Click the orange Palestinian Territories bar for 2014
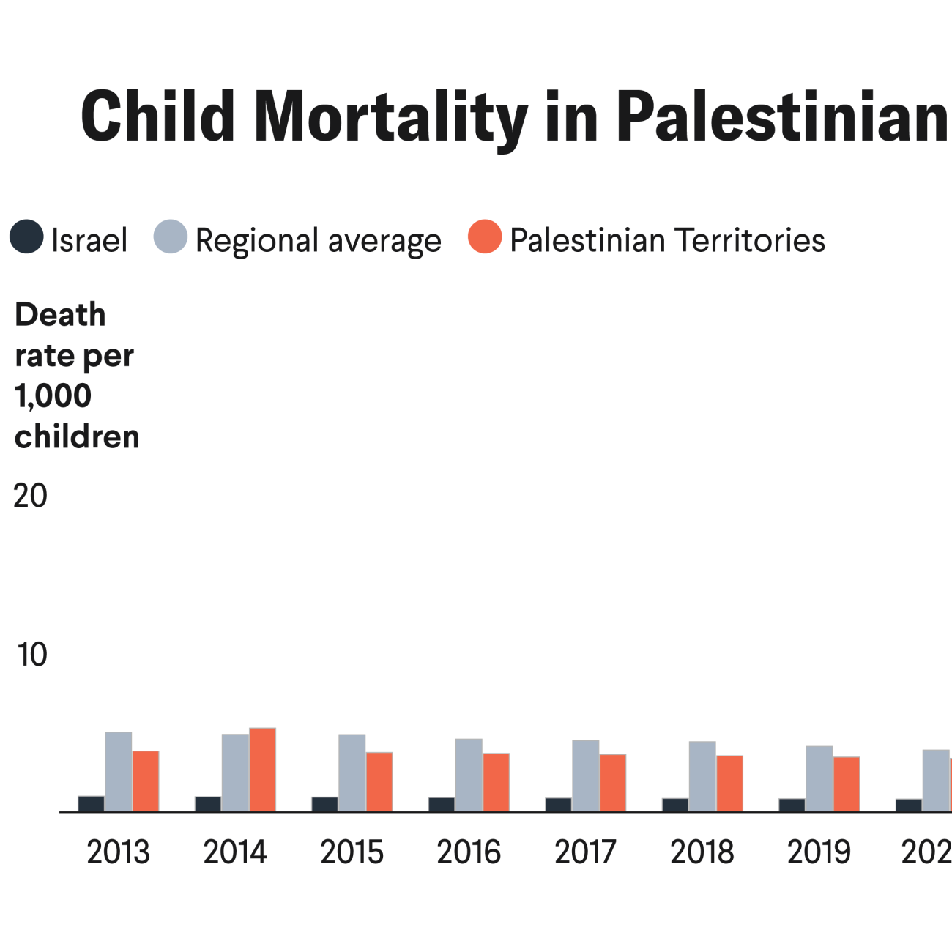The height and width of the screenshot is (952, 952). [x=262, y=770]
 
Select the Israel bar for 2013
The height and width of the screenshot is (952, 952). [x=91, y=803]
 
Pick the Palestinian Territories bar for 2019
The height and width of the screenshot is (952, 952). [x=847, y=784]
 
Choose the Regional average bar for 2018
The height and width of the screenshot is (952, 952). [x=702, y=776]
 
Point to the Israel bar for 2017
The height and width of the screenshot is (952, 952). [x=558, y=805]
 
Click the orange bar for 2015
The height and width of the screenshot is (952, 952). [x=379, y=781]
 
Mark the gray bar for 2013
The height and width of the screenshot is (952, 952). [x=119, y=772]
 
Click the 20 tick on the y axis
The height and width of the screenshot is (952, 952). [x=31, y=497]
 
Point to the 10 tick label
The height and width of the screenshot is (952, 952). [x=32, y=655]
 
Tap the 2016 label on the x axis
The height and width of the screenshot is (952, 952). [x=469, y=852]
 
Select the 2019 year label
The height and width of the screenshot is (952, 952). [x=819, y=852]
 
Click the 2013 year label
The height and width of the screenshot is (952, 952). [x=118, y=852]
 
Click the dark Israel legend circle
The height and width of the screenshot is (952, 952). [x=26, y=237]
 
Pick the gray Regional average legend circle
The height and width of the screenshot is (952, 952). [x=171, y=237]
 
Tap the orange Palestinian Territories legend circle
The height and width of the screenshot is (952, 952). [x=485, y=237]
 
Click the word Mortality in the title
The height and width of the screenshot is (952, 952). [x=390, y=117]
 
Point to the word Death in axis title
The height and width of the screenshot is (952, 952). [x=60, y=315]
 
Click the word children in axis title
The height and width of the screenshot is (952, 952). [x=77, y=437]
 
